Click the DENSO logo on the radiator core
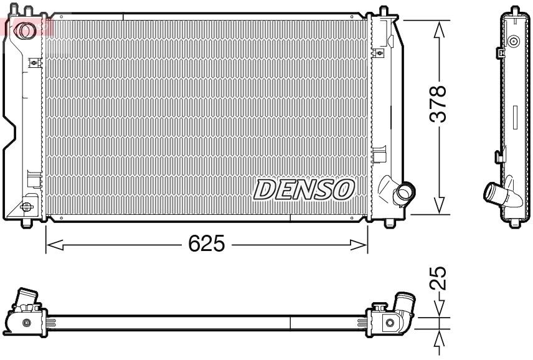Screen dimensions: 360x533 point(303,189)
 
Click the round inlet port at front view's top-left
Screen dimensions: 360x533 point(26,29)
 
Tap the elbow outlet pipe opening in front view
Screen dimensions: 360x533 point(405,192)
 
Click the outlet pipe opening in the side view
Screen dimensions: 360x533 point(491,192)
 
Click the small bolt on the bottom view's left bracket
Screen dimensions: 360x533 point(26,323)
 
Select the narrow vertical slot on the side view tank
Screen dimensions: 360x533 point(514,116)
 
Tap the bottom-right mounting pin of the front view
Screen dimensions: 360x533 point(390,221)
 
